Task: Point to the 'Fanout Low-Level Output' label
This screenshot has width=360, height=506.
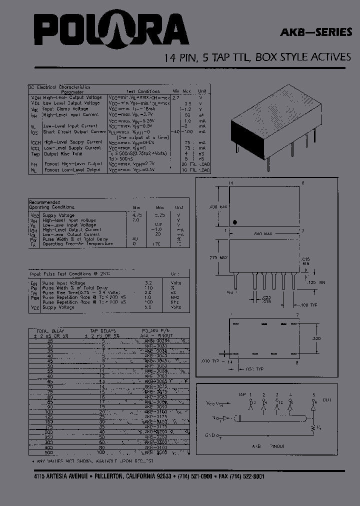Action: [72, 170]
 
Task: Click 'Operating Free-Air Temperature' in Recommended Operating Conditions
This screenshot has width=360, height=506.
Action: [77, 244]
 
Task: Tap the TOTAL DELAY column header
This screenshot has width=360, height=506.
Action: [50, 331]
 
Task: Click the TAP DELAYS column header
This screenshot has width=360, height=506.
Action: [102, 331]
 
